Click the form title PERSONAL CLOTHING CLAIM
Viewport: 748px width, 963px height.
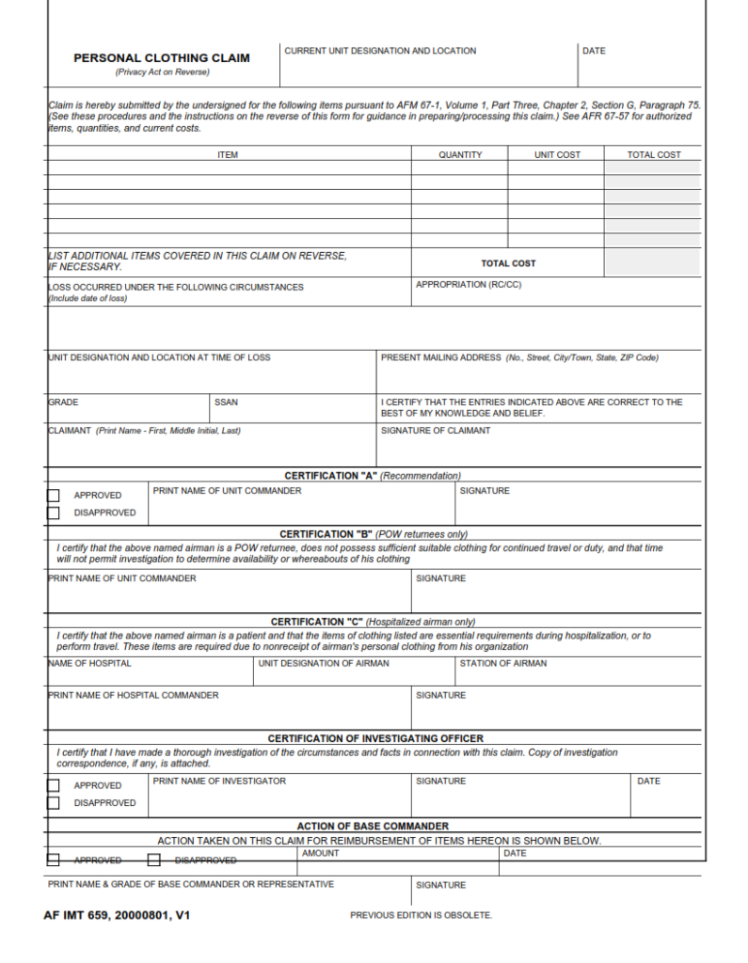point(162,58)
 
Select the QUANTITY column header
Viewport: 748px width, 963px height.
point(460,154)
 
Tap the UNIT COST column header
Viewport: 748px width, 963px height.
point(557,154)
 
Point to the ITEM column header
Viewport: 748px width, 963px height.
point(228,154)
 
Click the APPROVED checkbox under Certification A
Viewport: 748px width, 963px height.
point(54,496)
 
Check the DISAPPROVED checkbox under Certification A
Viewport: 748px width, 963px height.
point(54,513)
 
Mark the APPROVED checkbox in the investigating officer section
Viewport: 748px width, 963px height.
point(54,785)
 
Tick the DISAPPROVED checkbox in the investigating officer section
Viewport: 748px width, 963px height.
point(54,803)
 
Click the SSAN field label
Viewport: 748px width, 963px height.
point(226,403)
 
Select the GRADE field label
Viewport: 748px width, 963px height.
point(64,403)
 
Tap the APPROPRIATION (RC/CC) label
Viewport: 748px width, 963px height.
point(468,284)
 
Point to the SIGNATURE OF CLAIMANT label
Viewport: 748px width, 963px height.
point(435,431)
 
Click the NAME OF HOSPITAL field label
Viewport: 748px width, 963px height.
point(90,663)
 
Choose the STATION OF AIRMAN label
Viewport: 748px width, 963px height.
point(502,663)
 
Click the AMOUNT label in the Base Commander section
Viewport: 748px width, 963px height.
point(321,853)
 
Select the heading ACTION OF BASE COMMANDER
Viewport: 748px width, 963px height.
point(373,826)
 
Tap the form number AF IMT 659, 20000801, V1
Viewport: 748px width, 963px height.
point(117,914)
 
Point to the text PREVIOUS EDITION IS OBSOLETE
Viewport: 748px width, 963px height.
point(421,915)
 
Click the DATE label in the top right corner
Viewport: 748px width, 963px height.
point(594,51)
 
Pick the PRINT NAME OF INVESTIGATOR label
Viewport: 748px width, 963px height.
point(219,781)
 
